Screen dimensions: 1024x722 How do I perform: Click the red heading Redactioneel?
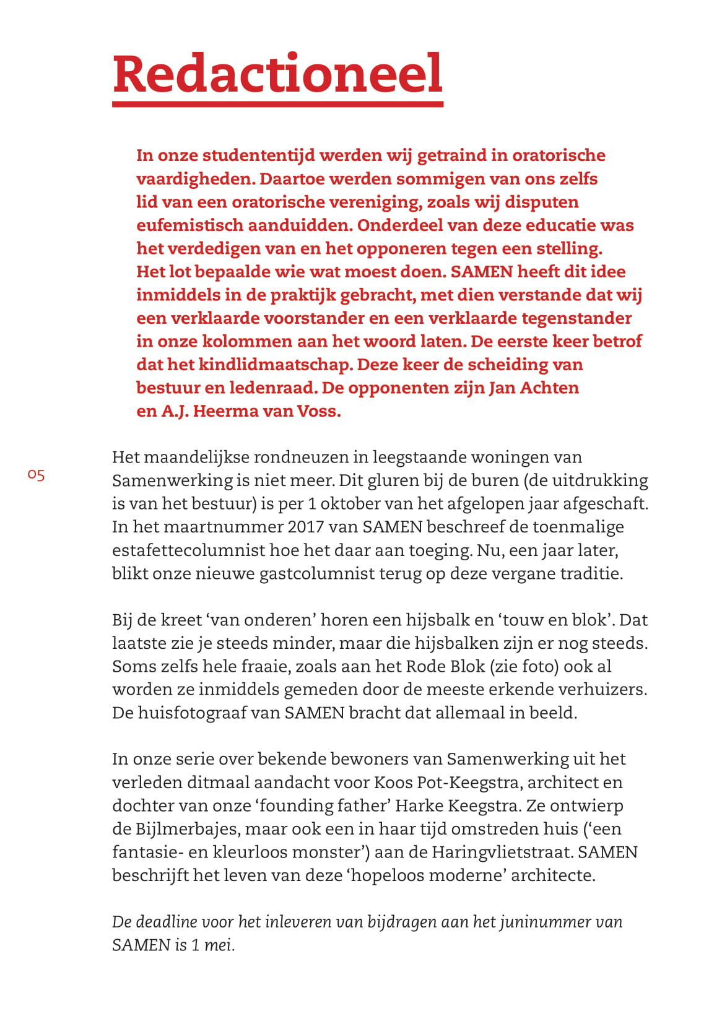tap(277, 74)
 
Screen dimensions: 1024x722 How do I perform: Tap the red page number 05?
tap(36, 475)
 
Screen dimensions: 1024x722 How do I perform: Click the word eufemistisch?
tap(189, 225)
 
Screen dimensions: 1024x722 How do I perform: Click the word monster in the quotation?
tap(326, 853)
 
